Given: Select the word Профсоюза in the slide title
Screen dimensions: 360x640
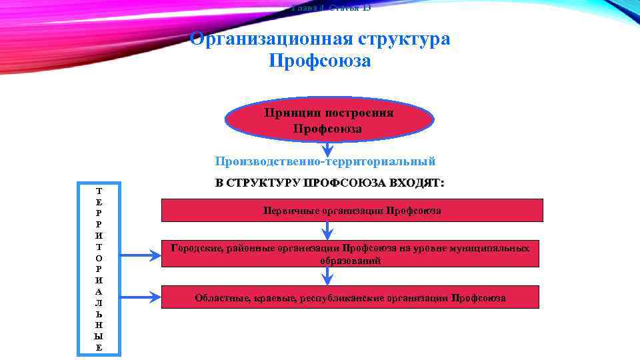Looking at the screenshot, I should (x=319, y=61).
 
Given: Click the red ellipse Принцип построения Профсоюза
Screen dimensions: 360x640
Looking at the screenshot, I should (x=329, y=120).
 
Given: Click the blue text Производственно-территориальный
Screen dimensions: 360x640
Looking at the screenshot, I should (x=325, y=161).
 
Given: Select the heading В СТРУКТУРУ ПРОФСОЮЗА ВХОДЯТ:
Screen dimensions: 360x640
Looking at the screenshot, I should (x=329, y=182).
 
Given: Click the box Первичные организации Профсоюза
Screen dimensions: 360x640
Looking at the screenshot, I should (x=352, y=210).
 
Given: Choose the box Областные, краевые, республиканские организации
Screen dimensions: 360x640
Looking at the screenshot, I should (x=350, y=297).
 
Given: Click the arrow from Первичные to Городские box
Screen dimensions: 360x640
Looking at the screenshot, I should (x=327, y=230).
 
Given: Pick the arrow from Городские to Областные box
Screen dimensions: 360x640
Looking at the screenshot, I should (x=327, y=276).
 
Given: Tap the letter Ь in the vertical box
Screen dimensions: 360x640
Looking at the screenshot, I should (x=99, y=313).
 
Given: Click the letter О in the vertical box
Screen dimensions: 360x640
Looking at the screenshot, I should (x=99, y=257).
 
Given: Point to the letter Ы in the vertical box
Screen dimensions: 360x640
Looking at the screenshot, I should (x=99, y=336).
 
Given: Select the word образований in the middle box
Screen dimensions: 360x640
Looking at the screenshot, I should (x=350, y=261).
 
